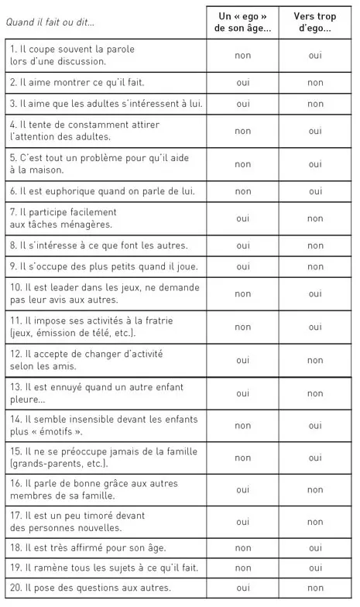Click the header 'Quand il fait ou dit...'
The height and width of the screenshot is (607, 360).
pyautogui.click(x=50, y=22)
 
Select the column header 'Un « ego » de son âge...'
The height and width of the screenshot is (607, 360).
pyautogui.click(x=242, y=22)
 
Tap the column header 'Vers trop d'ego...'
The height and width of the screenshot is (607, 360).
pyautogui.click(x=314, y=22)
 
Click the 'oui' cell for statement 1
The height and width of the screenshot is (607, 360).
pyautogui.click(x=314, y=55)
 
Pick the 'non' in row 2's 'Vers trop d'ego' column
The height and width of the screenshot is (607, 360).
pyautogui.click(x=314, y=82)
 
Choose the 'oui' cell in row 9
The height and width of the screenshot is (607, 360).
pyautogui.click(x=242, y=267)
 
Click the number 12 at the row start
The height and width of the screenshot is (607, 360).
pyautogui.click(x=15, y=354)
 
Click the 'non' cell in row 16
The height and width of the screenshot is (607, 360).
pyautogui.click(x=314, y=489)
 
